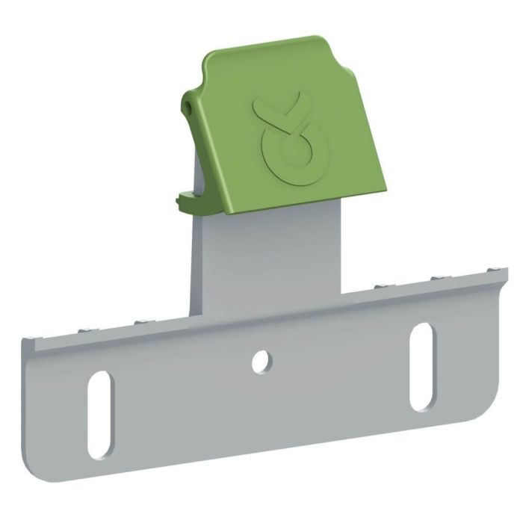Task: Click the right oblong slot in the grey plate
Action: [x=421, y=366]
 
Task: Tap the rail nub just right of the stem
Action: [x=380, y=286]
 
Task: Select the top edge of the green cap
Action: [x=269, y=45]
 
